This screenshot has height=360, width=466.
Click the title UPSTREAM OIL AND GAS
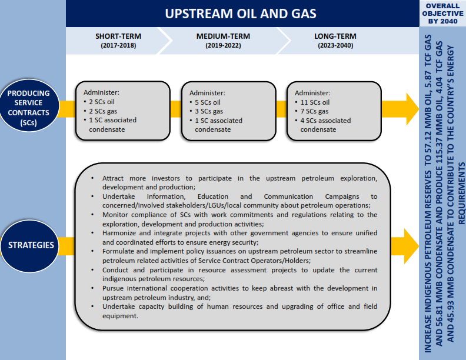coord(241,14)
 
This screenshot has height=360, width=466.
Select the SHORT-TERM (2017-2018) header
coord(118,41)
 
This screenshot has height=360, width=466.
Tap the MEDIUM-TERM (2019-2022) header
coord(223,41)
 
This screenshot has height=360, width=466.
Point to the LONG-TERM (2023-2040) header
coord(335,41)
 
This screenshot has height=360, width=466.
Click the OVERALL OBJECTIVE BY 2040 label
coord(442,14)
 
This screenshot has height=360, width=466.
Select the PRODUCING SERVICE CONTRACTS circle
coord(29,105)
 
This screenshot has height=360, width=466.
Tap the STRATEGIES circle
coord(30,246)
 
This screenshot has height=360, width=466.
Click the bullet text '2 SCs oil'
coord(102,102)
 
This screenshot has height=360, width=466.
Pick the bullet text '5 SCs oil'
coord(208,102)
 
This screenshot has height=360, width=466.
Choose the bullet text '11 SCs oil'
coord(315,102)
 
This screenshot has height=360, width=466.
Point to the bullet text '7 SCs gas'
coord(314,111)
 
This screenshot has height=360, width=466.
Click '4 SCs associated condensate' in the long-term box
coord(325,125)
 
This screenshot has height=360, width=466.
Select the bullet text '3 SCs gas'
coord(209,111)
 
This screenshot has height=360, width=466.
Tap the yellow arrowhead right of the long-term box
coord(412,109)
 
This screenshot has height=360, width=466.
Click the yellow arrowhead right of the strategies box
coord(411,246)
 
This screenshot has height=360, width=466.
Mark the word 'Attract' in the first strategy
coord(113,178)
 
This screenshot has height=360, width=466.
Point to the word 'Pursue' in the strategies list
coord(112,288)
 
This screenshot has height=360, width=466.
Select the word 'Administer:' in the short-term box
coord(101,92)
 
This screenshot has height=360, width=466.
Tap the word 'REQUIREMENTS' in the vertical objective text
coord(461,193)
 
